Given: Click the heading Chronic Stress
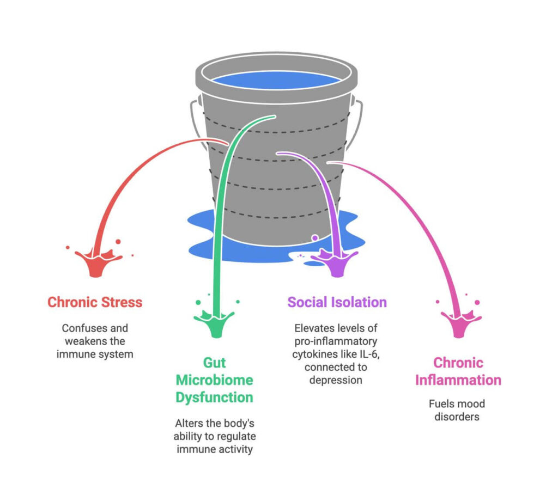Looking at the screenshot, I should tap(95, 302).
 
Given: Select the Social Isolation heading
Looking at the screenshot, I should tap(337, 302).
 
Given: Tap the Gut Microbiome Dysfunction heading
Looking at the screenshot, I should tap(214, 380).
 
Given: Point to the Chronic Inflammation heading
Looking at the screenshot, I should tap(458, 371).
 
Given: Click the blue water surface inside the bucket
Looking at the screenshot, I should tap(276, 81).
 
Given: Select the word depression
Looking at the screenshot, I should tap(336, 380).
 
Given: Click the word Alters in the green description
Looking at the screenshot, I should tap(189, 423).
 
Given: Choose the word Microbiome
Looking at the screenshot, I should tap(214, 380).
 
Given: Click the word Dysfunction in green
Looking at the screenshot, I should tap(214, 397).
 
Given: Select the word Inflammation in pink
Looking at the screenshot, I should tap(458, 380).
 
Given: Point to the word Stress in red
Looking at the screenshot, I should tap(120, 302).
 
